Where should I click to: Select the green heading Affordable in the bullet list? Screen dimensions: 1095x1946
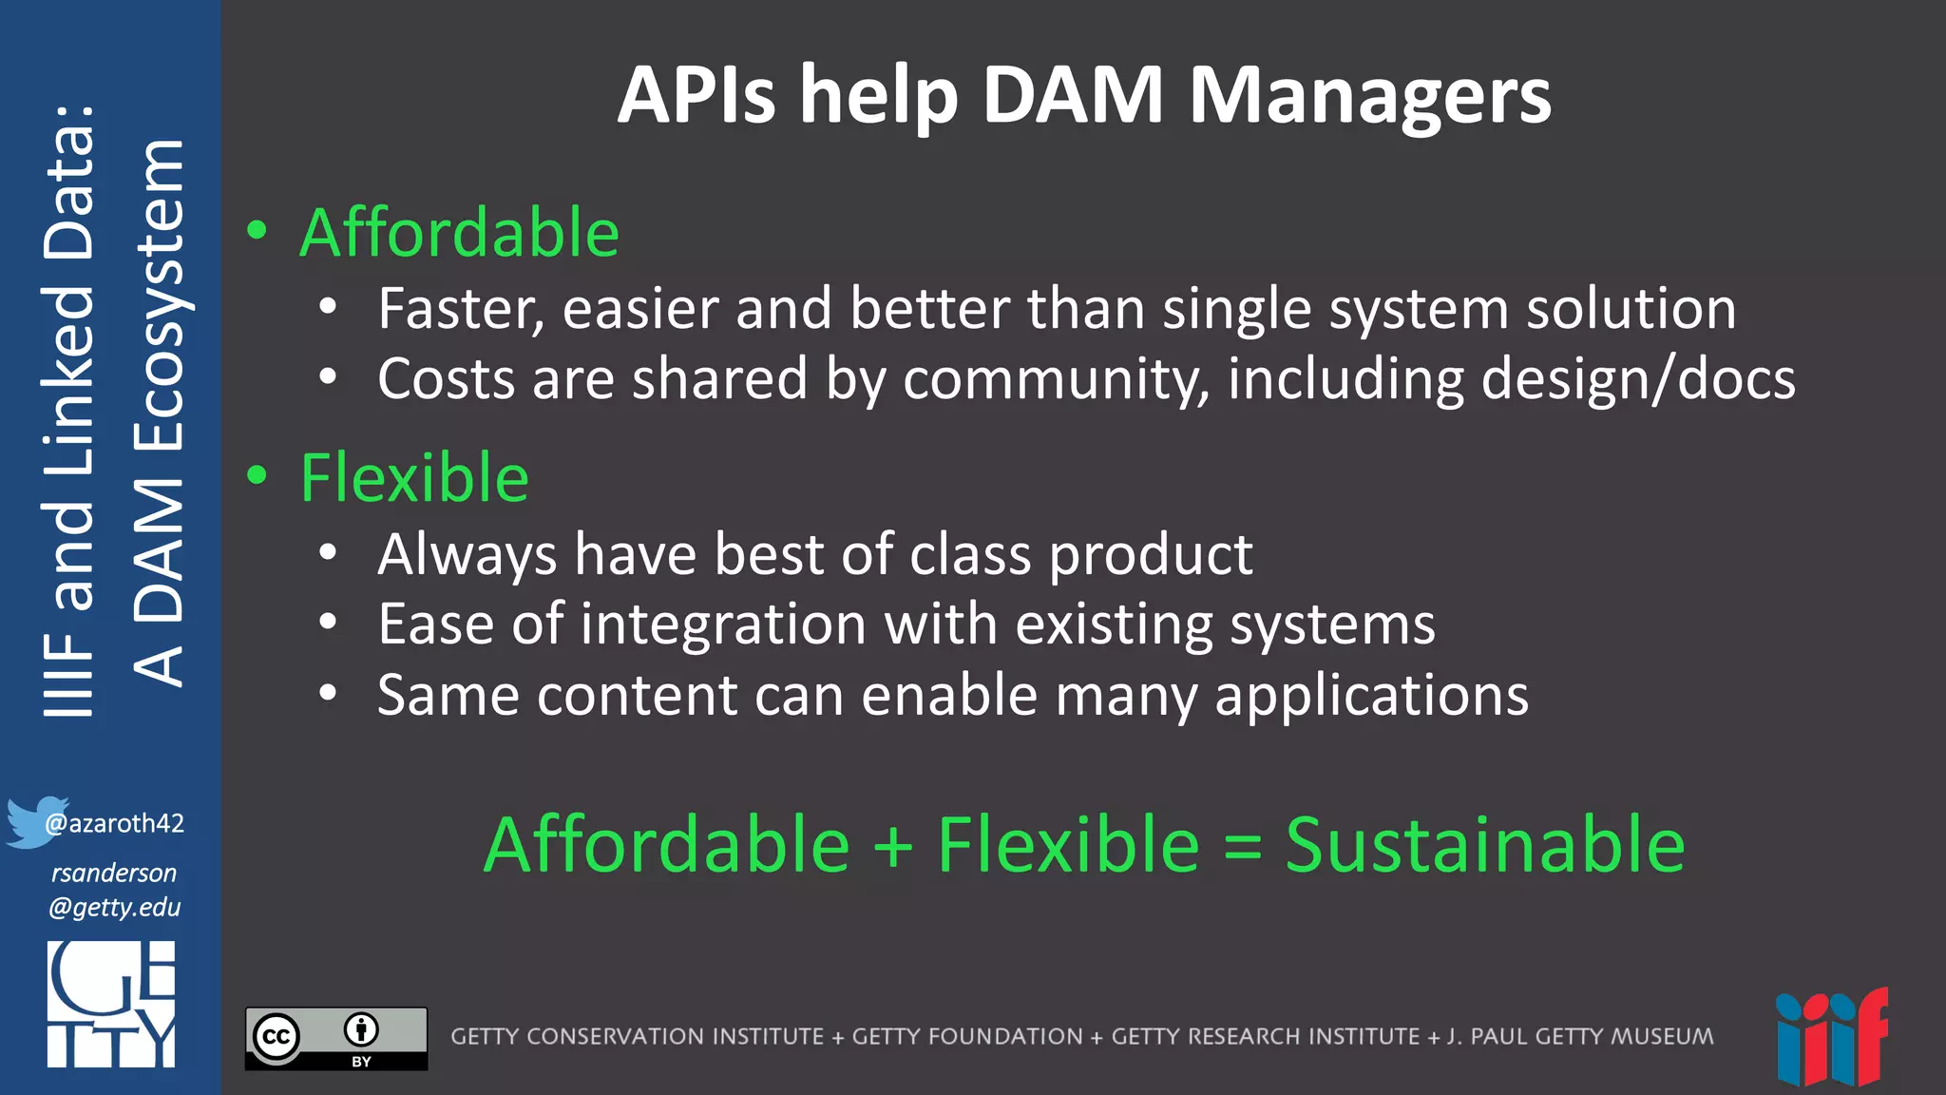(x=459, y=233)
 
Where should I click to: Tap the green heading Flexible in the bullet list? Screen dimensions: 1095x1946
(x=414, y=478)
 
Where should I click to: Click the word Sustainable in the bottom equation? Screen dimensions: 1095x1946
(x=1484, y=845)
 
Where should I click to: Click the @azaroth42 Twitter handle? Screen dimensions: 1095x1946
(x=115, y=823)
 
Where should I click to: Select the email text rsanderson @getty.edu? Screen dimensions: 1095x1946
(x=115, y=890)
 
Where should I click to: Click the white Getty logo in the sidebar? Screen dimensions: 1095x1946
(x=111, y=1005)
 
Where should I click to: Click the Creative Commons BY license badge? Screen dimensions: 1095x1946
(x=336, y=1038)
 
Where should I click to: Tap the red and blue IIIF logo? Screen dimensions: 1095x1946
(x=1831, y=1038)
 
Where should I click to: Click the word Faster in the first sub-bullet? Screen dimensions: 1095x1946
(x=461, y=309)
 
